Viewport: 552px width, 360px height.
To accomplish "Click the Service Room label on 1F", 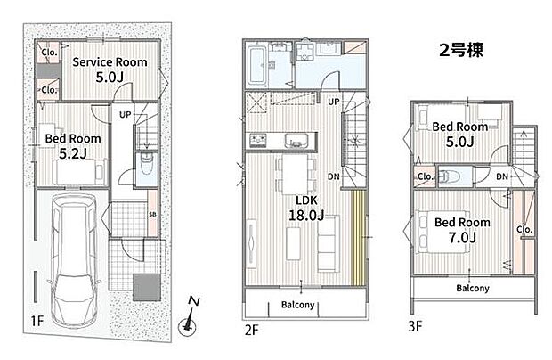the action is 110,62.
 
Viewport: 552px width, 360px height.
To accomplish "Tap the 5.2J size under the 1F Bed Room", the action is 73,153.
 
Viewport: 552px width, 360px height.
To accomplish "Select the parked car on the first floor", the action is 74,261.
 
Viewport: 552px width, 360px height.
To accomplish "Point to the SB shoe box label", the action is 152,214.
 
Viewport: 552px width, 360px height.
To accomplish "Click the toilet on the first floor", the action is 146,164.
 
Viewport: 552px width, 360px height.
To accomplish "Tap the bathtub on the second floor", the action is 256,66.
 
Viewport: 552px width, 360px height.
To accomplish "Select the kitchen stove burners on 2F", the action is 258,141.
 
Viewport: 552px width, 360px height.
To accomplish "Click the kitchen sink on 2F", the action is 296,141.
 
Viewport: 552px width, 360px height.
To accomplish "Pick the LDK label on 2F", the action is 306,200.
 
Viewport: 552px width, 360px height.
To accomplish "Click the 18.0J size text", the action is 306,216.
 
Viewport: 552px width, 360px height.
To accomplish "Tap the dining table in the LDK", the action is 295,174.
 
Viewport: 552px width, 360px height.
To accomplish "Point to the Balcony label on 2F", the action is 298,305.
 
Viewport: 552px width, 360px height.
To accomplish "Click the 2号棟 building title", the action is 461,50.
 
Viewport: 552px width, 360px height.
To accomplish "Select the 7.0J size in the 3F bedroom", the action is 462,238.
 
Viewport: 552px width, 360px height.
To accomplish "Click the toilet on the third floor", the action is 446,176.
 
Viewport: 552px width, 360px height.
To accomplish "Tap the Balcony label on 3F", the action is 473,288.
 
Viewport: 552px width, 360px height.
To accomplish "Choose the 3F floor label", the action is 415,326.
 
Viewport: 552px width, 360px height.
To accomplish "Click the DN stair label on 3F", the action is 502,176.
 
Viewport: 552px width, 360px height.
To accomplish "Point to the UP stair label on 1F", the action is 125,114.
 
